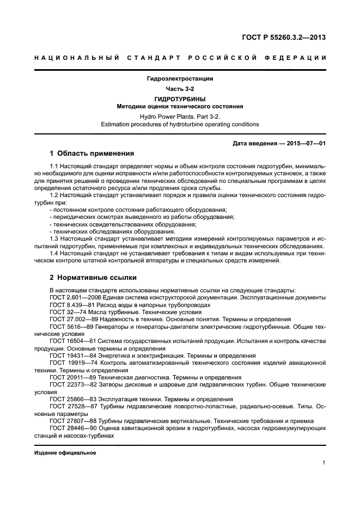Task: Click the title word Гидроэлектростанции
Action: tap(180, 78)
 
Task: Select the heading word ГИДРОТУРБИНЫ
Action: tap(180, 99)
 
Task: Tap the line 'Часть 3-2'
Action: tap(180, 88)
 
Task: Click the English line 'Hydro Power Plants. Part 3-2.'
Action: tap(180, 116)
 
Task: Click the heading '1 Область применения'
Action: tap(91, 154)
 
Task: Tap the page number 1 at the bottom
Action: tap(324, 463)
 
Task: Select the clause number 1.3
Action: tap(55, 238)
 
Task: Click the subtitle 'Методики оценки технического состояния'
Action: tap(180, 106)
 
